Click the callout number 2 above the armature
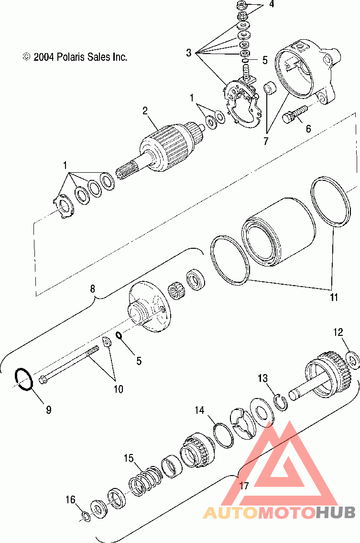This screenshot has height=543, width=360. pos(145,111)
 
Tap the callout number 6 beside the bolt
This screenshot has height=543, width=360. pos(308,128)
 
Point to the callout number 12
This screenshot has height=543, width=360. pos(338,332)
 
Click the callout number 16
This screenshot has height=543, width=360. pos(71,500)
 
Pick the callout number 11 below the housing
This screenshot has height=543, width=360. pos(333,298)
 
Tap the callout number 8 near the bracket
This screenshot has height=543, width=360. pos(93,288)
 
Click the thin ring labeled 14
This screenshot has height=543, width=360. pos(223,435)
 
